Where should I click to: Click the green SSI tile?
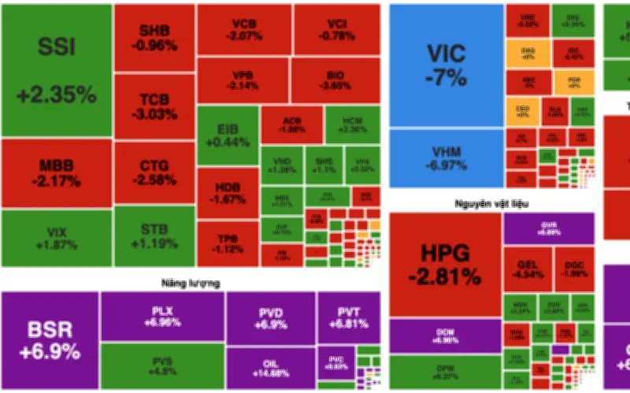click(x=56, y=71)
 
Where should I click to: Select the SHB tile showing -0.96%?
click(x=154, y=38)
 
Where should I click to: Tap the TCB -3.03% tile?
click(x=154, y=106)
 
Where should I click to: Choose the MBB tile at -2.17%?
click(x=56, y=173)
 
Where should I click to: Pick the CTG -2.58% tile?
click(x=154, y=173)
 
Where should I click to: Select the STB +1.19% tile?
click(x=154, y=236)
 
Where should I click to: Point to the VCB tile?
click(x=243, y=30)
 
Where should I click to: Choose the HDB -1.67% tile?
click(x=226, y=192)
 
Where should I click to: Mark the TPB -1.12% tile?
click(x=226, y=243)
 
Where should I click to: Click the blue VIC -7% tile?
click(x=446, y=65)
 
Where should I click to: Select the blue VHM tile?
click(x=446, y=160)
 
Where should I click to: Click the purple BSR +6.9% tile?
click(x=50, y=339)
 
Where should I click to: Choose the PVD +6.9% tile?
click(x=270, y=317)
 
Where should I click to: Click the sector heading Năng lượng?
click(x=191, y=282)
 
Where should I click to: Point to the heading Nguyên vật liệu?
click(x=491, y=204)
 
